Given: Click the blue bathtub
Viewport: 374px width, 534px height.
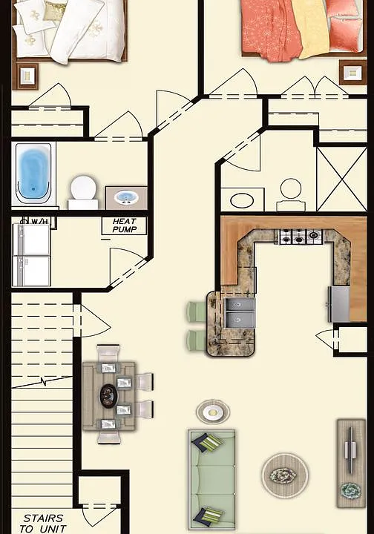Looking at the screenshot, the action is point(33,173).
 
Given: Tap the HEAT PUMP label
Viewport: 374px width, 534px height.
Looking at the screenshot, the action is point(125,225).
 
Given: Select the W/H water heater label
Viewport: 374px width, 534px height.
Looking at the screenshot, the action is point(39,222).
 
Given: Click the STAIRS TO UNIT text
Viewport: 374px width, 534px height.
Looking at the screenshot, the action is point(43,524).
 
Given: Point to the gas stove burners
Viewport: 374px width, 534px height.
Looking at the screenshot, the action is point(301,237).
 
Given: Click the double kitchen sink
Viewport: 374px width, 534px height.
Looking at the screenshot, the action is point(240,313).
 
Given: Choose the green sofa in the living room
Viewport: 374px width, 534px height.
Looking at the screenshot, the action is point(212,479).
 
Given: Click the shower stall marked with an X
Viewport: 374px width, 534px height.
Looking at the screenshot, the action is point(341,179).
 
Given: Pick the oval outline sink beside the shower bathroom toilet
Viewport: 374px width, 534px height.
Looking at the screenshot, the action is point(242,200).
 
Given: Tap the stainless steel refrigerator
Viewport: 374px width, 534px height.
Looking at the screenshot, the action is point(339,304).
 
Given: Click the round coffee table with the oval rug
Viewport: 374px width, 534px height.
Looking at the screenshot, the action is point(284,475).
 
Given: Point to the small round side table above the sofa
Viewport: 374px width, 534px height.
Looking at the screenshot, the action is point(213,412).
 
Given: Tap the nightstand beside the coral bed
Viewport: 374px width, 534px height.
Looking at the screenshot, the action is point(353,72).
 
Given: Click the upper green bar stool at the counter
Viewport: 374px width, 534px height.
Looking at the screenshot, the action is point(196,311).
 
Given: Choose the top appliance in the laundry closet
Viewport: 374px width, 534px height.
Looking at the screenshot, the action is point(31,239).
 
